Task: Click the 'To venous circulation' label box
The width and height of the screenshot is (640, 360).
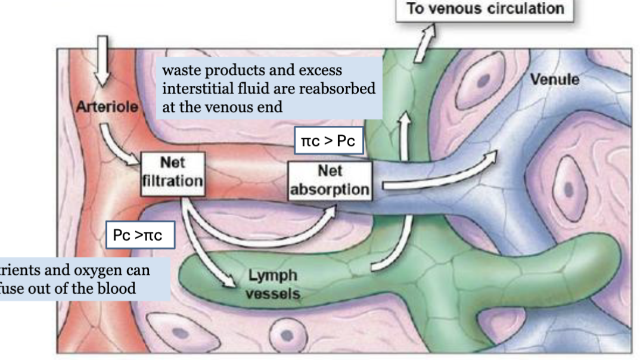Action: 485,10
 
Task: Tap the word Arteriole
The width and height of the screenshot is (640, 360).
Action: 107,108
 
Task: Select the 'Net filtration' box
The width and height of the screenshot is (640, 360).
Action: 173,173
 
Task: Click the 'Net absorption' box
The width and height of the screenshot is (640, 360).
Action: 330,180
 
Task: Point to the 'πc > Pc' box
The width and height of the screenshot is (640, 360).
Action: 329,144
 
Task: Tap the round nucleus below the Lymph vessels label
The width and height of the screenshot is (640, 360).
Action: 286,334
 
